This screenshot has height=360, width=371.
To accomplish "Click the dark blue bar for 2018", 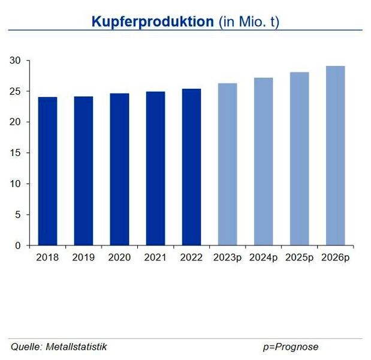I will tap(47, 171).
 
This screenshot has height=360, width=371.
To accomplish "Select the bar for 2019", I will tap(83, 171).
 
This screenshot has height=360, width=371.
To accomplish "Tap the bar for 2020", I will tap(119, 169).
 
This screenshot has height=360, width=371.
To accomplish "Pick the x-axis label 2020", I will tap(119, 257).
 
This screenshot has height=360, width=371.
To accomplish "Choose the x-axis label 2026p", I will tap(335, 257).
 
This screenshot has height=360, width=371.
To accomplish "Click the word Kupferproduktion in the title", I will tap(152, 22).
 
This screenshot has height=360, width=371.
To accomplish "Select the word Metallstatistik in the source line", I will tap(76, 347).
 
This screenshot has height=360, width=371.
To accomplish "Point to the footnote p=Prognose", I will tap(290, 347).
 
